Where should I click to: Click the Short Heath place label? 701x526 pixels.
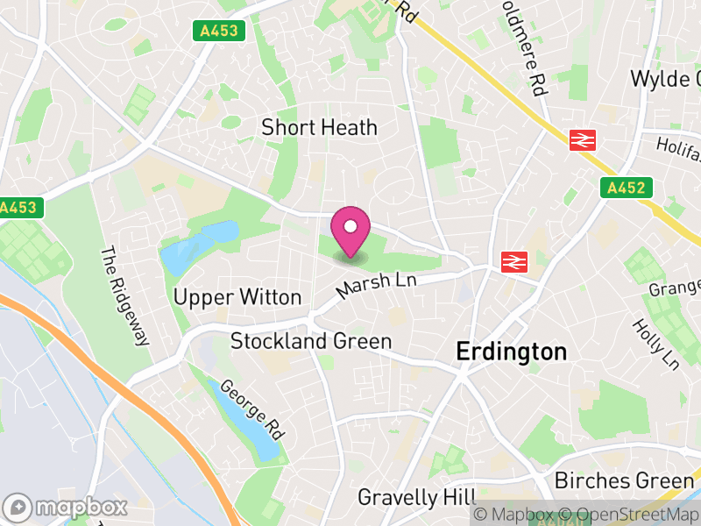pos(319,128)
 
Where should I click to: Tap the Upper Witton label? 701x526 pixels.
pos(237,298)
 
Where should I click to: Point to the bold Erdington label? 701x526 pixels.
pos(512,352)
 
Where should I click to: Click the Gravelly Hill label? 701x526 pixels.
pos(410,498)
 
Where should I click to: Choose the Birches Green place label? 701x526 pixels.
pos(624,480)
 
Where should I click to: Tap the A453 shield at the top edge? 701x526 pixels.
pos(219,31)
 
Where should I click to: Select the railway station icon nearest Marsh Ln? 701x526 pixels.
pos(513,261)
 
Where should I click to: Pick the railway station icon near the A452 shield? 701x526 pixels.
pos(582,140)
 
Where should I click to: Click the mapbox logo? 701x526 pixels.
pos(67,507)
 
